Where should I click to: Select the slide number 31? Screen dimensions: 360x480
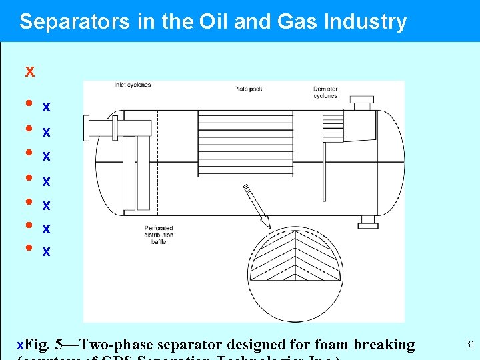[470, 345]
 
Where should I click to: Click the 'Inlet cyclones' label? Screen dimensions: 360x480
[133, 85]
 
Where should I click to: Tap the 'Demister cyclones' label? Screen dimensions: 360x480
[325, 92]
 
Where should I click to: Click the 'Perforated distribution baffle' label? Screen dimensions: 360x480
[159, 235]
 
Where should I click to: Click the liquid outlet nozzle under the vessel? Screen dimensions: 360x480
[367, 221]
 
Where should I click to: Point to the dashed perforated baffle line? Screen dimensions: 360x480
[157, 160]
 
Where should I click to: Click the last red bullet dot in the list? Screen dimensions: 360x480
[29, 249]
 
